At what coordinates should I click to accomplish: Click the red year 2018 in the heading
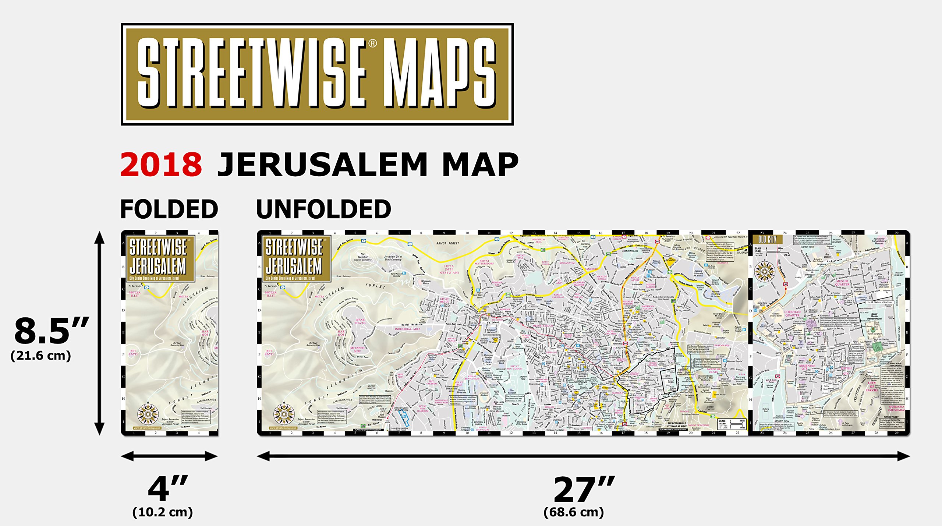pos(161,165)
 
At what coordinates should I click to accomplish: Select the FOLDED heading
pos(169,209)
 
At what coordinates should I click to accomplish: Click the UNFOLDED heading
pos(323,209)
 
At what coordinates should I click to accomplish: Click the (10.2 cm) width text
pos(162,512)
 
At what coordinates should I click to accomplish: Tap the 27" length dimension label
pos(584,489)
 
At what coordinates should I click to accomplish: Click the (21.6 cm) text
pos(41,356)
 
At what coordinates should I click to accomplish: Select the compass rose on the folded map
pos(148,414)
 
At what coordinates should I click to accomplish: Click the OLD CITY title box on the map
pos(767,240)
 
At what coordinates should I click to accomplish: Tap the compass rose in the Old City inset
pos(764,271)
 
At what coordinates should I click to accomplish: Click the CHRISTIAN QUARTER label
pos(792,314)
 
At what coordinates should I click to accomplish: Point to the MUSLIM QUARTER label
pos(842,283)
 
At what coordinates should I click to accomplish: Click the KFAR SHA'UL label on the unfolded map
pos(360,321)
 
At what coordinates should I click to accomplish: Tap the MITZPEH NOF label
pos(357,349)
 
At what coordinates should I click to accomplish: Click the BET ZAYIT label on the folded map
pos(133,352)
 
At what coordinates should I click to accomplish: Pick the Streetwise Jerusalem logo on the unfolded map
pos(294,258)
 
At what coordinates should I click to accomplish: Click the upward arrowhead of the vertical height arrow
pos(99,237)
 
